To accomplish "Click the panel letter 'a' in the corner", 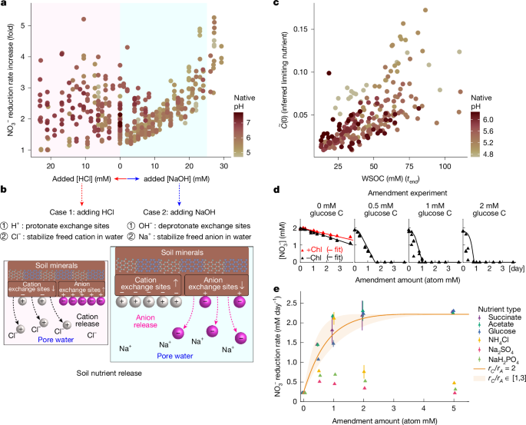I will click(x=4, y=5).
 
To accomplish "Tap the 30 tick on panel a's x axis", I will click(x=224, y=166).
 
